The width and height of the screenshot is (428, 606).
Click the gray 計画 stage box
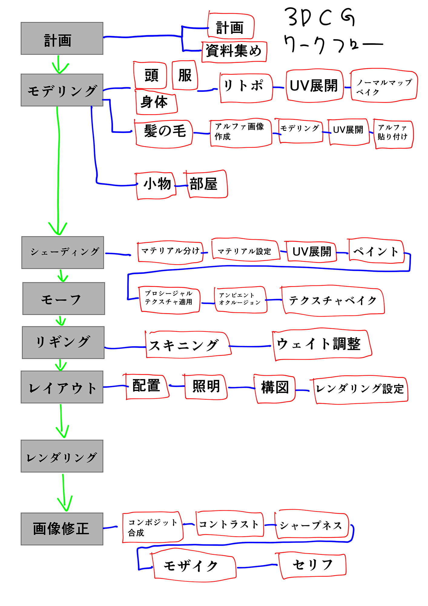pyautogui.click(x=62, y=38)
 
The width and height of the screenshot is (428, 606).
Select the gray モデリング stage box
pyautogui.click(x=62, y=90)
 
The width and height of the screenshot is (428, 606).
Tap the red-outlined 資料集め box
pyautogui.click(x=234, y=52)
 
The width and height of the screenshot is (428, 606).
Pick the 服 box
pyautogui.click(x=185, y=75)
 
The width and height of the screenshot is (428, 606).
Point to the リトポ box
pyautogui.click(x=246, y=87)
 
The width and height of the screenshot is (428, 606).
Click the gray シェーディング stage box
pyautogui.click(x=63, y=252)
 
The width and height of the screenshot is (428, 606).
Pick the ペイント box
pyautogui.click(x=376, y=251)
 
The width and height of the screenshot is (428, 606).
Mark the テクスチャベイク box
pyautogui.click(x=333, y=301)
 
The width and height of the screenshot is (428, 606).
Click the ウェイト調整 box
pyautogui.click(x=322, y=345)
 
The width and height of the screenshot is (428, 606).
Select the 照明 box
pyautogui.click(x=206, y=387)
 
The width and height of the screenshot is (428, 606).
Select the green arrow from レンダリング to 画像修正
pyautogui.click(x=64, y=493)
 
